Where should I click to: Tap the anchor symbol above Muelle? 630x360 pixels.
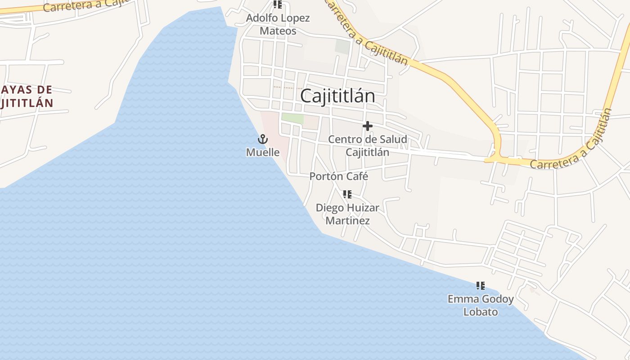263,139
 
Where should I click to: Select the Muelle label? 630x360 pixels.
263,153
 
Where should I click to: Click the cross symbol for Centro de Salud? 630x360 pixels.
368,126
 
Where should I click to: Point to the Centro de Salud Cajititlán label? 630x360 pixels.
367,145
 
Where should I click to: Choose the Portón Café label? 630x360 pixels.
339,176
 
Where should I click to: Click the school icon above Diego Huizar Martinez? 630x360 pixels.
347,194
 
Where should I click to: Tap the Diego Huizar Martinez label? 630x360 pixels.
347,214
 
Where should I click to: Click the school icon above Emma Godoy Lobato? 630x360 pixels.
481,286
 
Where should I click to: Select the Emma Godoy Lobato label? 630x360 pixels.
481,305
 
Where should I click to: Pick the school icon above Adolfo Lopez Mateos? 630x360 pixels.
278,4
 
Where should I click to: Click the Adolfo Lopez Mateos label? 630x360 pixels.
278,24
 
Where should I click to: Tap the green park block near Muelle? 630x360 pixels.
292,119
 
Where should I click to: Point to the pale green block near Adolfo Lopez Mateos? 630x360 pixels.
342,46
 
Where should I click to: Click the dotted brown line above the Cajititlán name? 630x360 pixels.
288,87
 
